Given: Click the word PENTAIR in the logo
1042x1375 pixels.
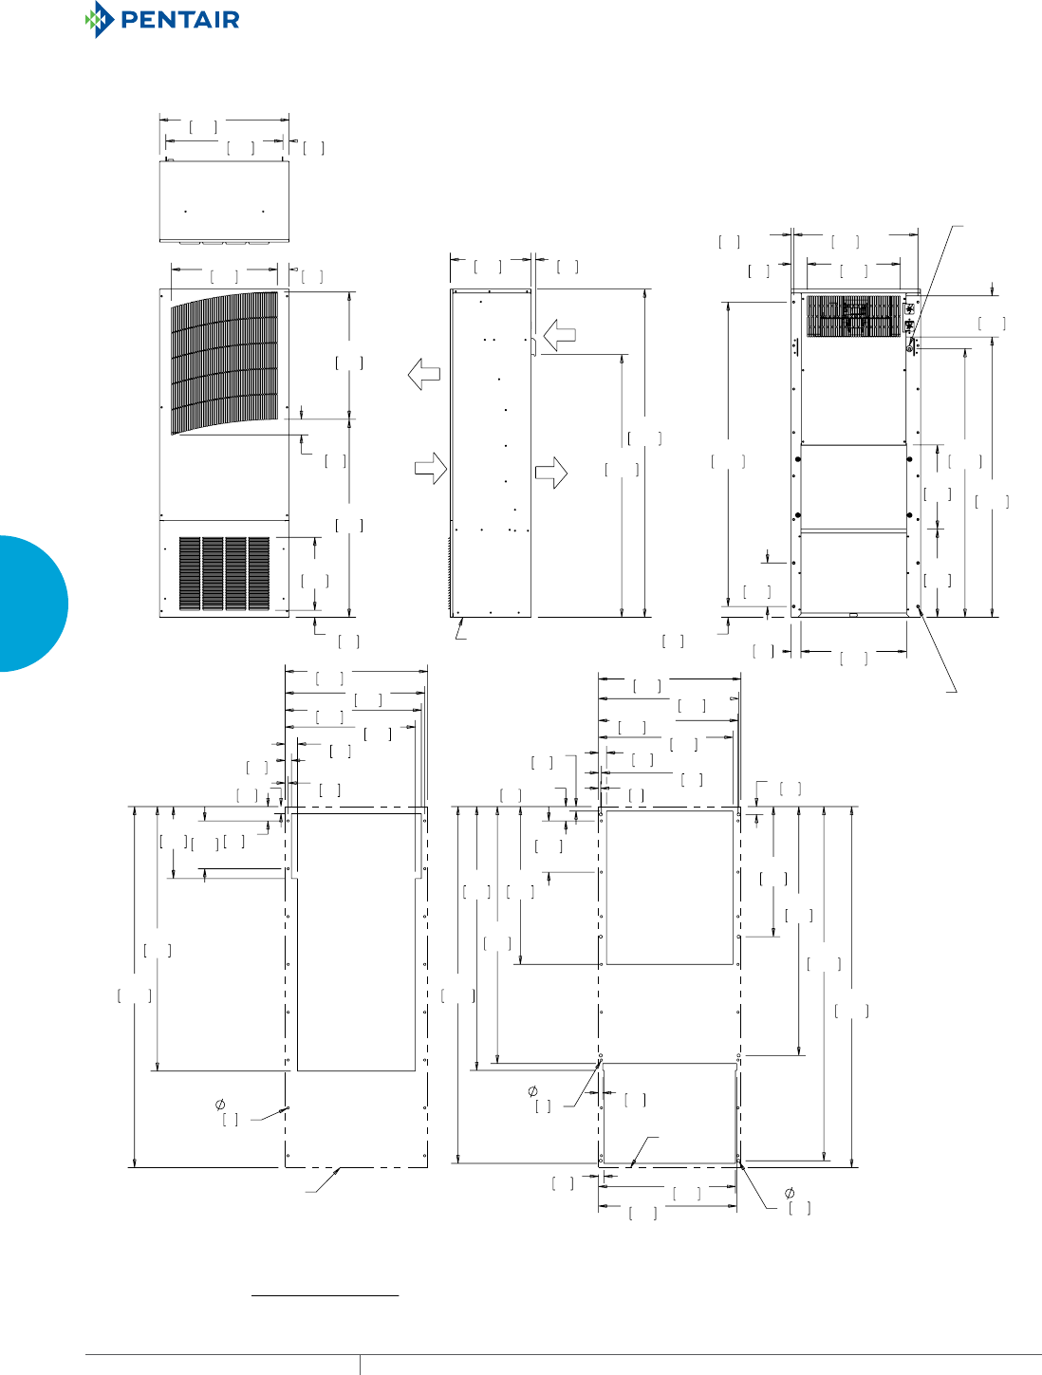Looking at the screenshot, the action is (179, 20).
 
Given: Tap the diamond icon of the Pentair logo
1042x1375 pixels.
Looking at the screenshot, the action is (98, 20).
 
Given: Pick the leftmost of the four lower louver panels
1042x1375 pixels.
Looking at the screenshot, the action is (189, 573).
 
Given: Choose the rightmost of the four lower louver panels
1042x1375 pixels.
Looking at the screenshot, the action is (259, 573).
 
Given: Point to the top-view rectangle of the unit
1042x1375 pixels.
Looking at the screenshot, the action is (224, 200).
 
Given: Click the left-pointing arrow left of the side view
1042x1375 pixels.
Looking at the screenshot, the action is (423, 375).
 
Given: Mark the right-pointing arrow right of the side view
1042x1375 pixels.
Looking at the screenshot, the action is (551, 473).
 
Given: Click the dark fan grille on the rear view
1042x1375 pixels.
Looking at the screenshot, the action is (853, 316).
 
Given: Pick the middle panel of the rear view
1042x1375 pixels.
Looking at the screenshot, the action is (853, 486).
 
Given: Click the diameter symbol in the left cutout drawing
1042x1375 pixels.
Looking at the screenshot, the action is (220, 1104).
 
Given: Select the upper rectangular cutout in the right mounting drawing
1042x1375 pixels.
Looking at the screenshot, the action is (670, 887).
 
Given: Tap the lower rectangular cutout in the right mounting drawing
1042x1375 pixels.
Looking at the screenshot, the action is (669, 1112).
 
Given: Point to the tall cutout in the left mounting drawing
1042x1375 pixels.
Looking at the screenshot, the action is (357, 941).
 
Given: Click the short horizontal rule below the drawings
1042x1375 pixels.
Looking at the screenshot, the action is (325, 1294).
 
